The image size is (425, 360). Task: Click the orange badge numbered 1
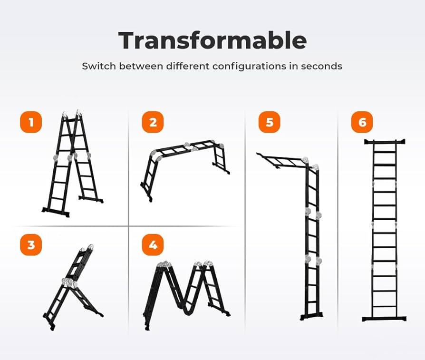point(31,122)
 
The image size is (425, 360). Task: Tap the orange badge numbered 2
point(153,122)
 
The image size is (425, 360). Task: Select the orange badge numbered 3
point(31,245)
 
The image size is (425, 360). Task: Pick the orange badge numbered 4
point(153,245)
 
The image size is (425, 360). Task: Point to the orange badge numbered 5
point(270,122)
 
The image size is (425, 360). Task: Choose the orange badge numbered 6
point(362,122)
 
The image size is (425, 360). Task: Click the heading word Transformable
point(212,40)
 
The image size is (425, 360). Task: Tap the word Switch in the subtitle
point(99,66)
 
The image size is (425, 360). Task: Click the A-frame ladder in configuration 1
point(73,164)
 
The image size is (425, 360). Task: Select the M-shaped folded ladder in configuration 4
point(186,295)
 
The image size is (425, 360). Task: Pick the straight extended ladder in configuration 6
point(385,231)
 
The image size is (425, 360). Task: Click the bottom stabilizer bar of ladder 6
point(384,319)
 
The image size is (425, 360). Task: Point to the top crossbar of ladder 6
point(385,142)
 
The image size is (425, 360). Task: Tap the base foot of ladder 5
point(312,316)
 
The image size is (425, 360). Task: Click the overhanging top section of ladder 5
point(282,161)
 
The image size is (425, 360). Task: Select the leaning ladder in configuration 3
point(73,287)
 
